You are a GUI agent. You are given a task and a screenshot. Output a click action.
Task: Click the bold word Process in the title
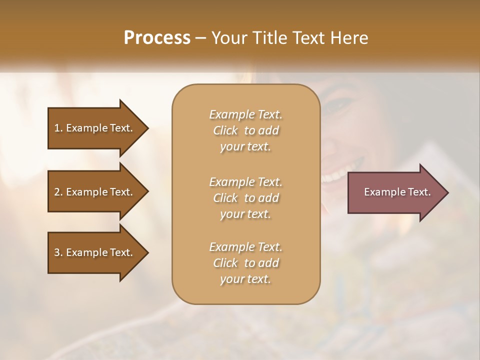[157, 37]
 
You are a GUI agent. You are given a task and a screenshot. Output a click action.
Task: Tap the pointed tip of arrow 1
[147, 128]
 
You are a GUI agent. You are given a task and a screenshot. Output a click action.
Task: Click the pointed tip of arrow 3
[147, 252]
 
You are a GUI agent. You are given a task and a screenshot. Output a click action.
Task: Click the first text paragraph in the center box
[245, 130]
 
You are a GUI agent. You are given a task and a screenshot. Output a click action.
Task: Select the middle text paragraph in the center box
[245, 197]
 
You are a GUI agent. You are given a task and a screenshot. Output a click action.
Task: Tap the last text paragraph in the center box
[245, 263]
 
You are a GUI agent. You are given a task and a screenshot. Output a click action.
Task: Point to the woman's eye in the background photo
[335, 103]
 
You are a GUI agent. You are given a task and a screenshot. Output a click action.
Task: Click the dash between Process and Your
[201, 38]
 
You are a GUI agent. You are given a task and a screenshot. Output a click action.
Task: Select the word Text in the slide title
[310, 37]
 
